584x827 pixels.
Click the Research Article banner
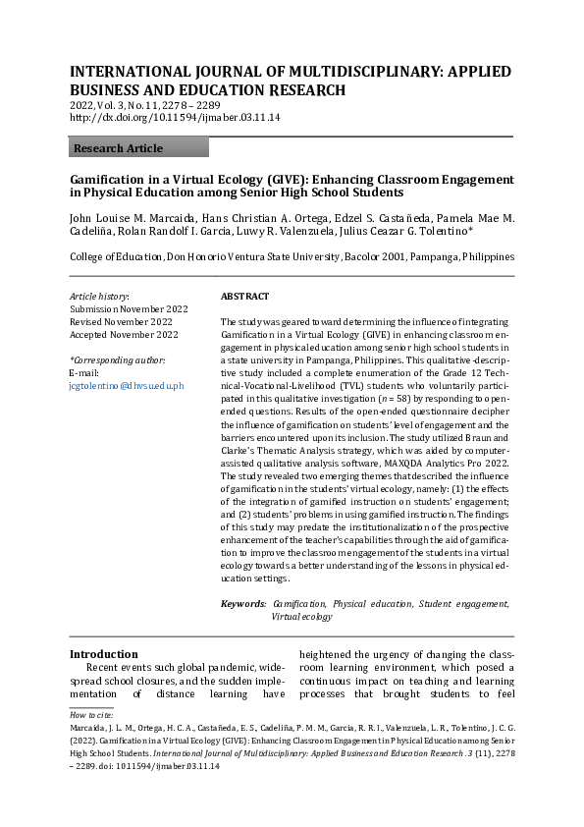click(138, 148)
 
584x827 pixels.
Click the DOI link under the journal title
click(175, 118)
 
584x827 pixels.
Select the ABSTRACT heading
click(244, 296)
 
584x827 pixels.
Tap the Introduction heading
click(103, 654)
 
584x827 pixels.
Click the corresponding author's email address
click(127, 387)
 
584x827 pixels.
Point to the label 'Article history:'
click(99, 296)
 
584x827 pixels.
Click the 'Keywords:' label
click(243, 604)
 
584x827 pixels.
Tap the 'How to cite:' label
click(91, 715)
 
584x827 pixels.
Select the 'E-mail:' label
click(84, 374)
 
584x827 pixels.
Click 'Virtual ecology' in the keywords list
click(302, 617)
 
